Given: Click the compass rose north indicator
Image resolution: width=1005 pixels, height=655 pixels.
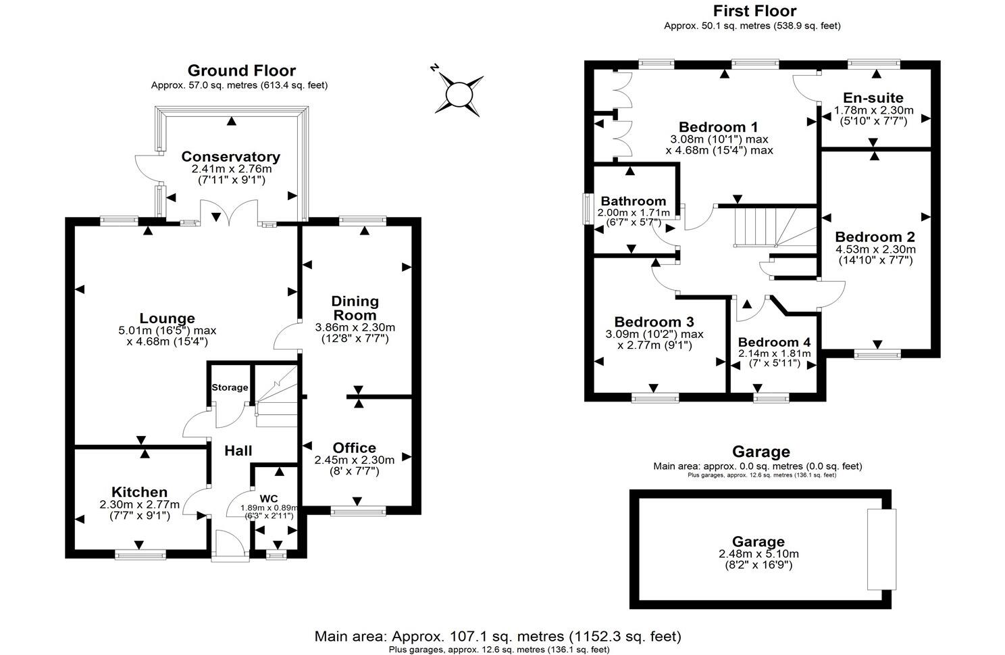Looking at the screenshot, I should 436,68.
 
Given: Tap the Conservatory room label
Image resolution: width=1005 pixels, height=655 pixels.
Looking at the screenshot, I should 230,157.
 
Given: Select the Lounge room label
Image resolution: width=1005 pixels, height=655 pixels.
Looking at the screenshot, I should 167,318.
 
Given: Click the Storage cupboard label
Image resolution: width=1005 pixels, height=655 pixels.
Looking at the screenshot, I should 230,387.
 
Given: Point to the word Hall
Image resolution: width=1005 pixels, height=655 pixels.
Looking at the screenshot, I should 238,451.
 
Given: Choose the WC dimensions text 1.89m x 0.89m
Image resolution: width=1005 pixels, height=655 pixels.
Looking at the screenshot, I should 269,508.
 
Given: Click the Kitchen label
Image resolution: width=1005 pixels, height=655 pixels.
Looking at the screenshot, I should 139,492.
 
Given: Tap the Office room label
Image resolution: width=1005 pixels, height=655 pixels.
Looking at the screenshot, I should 354,448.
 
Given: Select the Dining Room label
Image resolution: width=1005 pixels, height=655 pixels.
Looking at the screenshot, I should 355,308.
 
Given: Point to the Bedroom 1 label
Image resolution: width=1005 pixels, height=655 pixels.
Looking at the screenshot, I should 718,127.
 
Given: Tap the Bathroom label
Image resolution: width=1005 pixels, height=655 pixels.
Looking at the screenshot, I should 633,201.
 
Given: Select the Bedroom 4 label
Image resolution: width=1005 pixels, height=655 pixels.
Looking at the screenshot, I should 774,343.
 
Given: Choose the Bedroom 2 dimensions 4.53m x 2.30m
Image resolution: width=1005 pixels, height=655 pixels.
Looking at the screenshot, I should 875,249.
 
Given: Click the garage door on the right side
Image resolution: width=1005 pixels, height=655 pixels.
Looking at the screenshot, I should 881,549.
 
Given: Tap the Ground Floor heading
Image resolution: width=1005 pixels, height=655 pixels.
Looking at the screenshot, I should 241,70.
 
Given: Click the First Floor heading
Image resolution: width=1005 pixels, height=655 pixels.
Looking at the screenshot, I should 754,11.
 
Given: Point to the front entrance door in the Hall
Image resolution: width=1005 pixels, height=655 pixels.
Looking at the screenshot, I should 230,545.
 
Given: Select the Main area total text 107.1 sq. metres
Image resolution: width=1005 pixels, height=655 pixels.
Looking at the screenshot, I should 498,636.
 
